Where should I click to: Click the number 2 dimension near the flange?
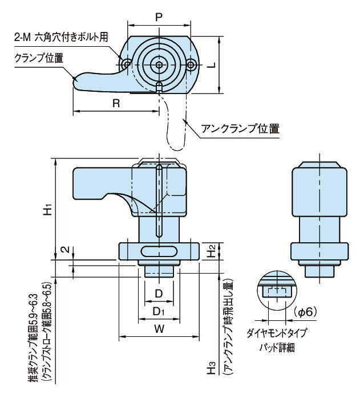pos(67,250)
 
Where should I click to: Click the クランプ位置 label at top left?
pos(39,58)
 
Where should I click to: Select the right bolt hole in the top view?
pos(193,64)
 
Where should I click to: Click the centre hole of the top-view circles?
pos(160,64)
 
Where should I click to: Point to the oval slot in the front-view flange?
pos(159,251)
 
